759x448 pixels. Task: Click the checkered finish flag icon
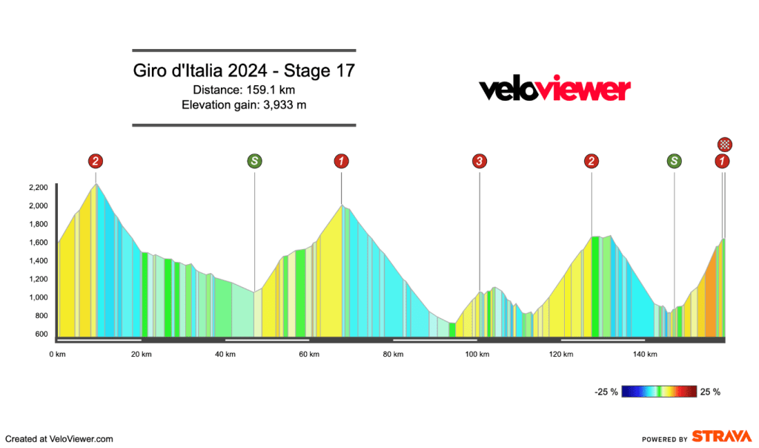click(x=726, y=144)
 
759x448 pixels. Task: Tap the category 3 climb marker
click(x=480, y=161)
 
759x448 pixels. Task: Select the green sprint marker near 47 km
click(x=254, y=161)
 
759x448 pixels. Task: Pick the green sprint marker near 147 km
click(x=674, y=161)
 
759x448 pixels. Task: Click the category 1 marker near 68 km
click(x=341, y=161)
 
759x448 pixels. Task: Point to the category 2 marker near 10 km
click(x=95, y=161)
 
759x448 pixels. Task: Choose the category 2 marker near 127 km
click(x=591, y=161)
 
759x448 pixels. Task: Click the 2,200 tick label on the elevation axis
click(x=38, y=188)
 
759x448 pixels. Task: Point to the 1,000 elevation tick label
click(x=38, y=297)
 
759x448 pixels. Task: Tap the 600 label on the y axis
click(x=41, y=334)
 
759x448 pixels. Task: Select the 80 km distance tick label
click(x=393, y=355)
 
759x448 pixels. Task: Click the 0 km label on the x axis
click(x=57, y=355)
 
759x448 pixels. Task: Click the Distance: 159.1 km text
click(x=244, y=90)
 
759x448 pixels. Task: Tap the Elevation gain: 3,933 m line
click(x=244, y=105)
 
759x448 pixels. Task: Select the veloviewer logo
click(x=554, y=90)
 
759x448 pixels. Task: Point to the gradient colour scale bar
click(x=660, y=392)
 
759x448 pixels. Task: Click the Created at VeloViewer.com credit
click(x=59, y=439)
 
